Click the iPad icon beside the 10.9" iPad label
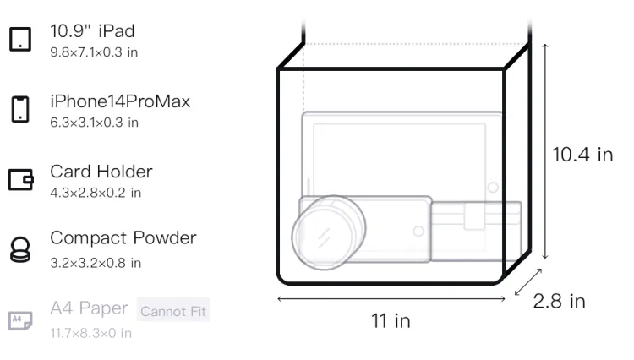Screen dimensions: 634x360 pos(20,39)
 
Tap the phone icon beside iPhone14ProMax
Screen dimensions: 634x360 pos(20,109)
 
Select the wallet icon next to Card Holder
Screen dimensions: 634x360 pos(20,179)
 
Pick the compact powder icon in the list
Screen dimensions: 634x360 pos(20,249)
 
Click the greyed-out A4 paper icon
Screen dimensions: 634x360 pos(20,320)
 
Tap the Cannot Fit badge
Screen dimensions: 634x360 pos(173,310)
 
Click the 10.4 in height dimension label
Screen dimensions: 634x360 pos(582,155)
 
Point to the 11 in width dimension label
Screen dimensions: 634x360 pos(391,321)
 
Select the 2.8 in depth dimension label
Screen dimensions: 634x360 pos(560,302)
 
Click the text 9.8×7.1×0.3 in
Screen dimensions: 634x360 pos(94,52)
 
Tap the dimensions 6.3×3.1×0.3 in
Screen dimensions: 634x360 pos(94,123)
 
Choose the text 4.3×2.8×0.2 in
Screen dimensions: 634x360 pos(96,193)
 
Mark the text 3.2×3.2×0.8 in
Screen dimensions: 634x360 pos(96,263)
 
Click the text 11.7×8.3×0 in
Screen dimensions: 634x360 pos(91,333)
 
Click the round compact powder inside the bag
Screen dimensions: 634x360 pos(329,232)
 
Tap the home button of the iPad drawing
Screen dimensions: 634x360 pos(493,187)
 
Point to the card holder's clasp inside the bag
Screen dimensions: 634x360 pos(474,216)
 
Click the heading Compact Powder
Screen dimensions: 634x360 pos(123,238)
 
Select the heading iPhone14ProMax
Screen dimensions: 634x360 pos(120,101)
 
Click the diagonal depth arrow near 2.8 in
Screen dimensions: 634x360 pos(528,282)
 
